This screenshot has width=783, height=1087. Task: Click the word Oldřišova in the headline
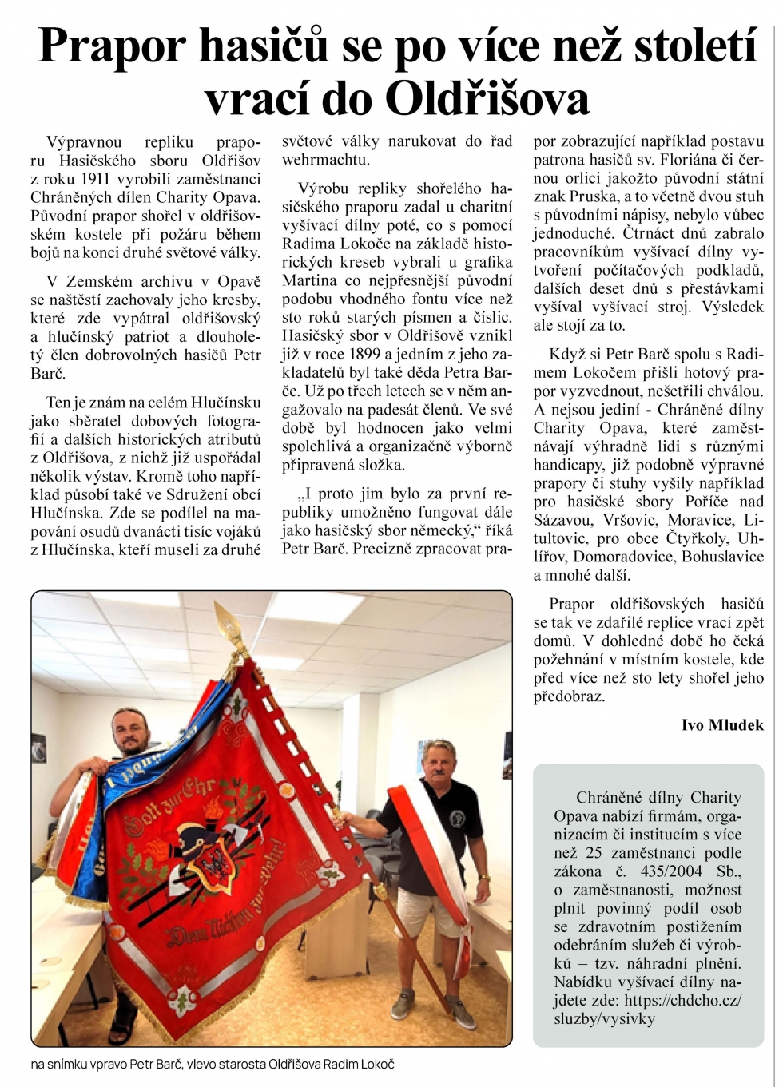point(487,99)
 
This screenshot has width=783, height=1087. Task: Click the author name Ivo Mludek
point(722,725)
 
